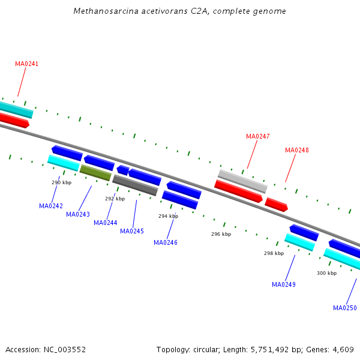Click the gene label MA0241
point(26,64)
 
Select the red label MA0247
point(258,136)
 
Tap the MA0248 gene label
point(297,150)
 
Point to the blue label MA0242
point(51,206)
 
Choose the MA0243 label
point(78,214)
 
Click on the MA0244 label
point(106,223)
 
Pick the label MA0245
point(132,231)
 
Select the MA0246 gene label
point(166,242)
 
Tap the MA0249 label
point(284,284)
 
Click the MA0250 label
point(345,308)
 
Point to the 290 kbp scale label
point(62,182)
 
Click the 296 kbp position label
point(221,234)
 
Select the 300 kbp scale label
point(327,273)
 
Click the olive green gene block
point(95,173)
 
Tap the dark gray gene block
point(135,185)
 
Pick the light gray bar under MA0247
point(242,181)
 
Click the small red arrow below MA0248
point(276,205)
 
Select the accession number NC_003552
point(65,350)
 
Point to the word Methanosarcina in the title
point(106,11)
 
